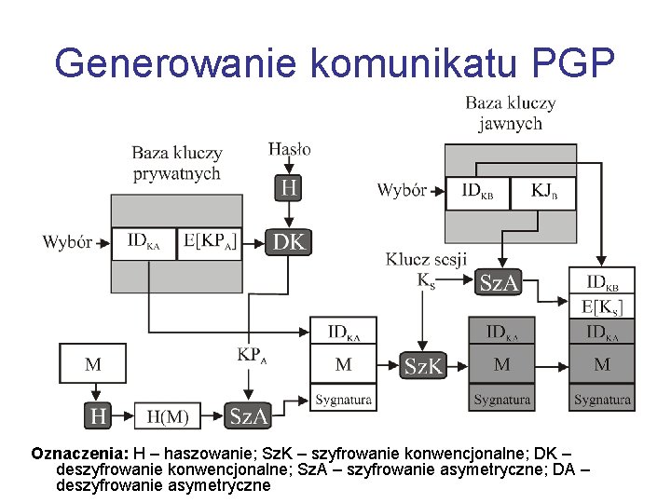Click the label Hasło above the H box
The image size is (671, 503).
pos(290,148)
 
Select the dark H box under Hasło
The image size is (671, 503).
pos(290,188)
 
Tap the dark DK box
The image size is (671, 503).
pos(290,243)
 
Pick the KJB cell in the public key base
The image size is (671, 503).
pos(542,193)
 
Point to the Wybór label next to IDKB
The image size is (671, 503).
pos(402,191)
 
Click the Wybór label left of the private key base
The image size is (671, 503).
pos(67,242)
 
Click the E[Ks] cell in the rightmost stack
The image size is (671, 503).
pos(602,306)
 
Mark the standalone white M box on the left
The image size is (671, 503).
pos(92,364)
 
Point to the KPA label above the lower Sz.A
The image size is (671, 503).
pos(253,355)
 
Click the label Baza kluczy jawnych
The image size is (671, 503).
pos(510,113)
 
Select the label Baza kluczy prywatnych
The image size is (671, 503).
pos(177,162)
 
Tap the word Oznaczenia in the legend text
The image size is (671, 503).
pos(79,454)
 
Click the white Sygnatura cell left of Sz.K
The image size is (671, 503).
pos(343,399)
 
